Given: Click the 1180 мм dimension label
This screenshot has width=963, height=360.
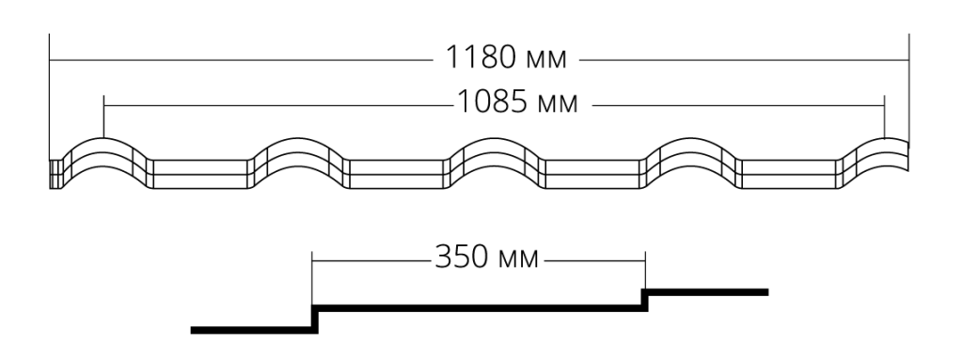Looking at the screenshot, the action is (505, 57).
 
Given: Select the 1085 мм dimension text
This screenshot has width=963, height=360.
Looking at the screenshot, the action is (518, 102).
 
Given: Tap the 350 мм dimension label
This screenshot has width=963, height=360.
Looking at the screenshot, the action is (486, 257).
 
